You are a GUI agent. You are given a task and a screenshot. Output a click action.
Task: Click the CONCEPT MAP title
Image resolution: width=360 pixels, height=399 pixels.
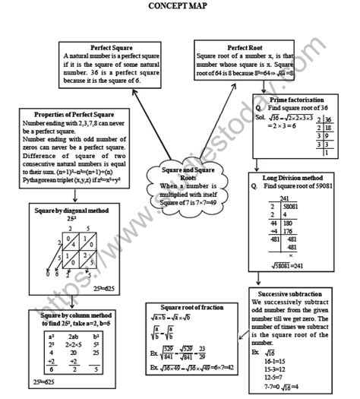180,7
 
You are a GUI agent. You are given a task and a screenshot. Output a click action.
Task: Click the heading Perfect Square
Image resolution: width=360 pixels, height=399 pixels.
111,47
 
